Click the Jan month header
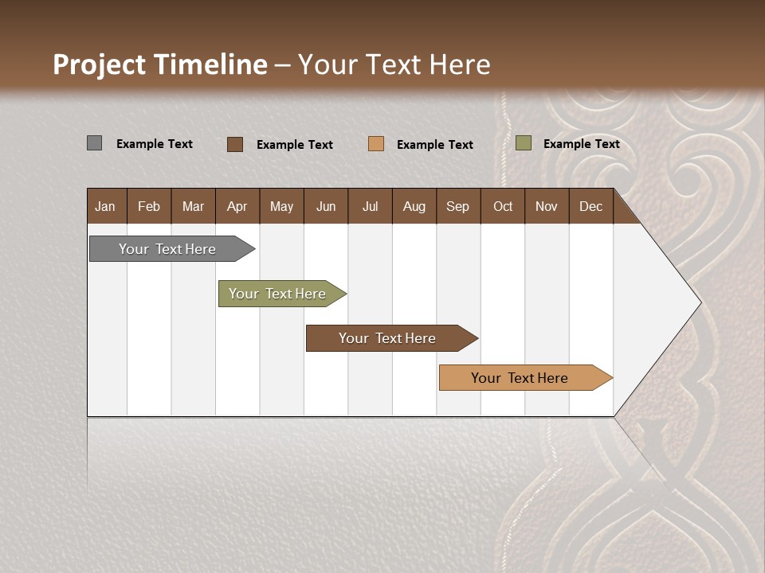(105, 206)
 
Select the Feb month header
(149, 206)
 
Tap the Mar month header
(193, 206)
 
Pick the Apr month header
(237, 206)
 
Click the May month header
(281, 206)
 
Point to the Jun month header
(326, 206)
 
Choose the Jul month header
(370, 206)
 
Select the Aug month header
(414, 206)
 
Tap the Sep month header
(457, 206)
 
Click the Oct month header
(503, 206)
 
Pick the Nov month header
(546, 206)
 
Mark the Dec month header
(590, 206)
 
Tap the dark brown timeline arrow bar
(388, 338)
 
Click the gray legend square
(94, 143)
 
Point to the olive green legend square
(523, 143)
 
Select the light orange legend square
(376, 144)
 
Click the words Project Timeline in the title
(159, 64)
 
